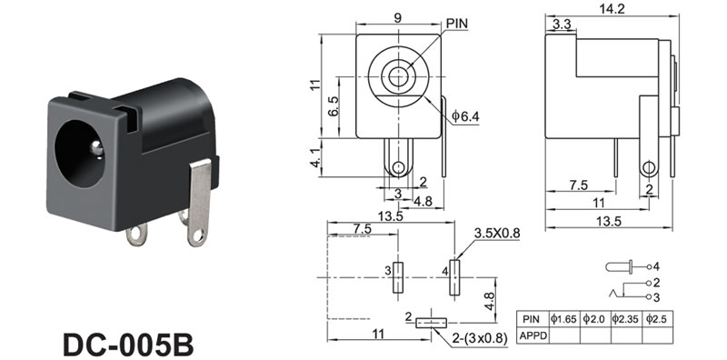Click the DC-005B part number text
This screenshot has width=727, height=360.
[x=128, y=344]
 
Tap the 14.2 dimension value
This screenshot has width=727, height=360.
[x=612, y=8]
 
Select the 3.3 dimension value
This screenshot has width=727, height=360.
[x=562, y=25]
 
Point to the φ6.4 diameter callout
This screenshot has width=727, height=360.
[x=465, y=116]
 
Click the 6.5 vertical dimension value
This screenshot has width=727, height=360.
[x=333, y=106]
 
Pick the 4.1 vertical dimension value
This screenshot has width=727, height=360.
[x=315, y=157]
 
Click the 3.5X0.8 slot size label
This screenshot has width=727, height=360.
[x=496, y=234]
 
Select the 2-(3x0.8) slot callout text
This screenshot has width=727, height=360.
[x=481, y=338]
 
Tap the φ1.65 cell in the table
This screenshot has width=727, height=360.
[x=563, y=319]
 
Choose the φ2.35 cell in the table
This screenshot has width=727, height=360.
[x=626, y=319]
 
